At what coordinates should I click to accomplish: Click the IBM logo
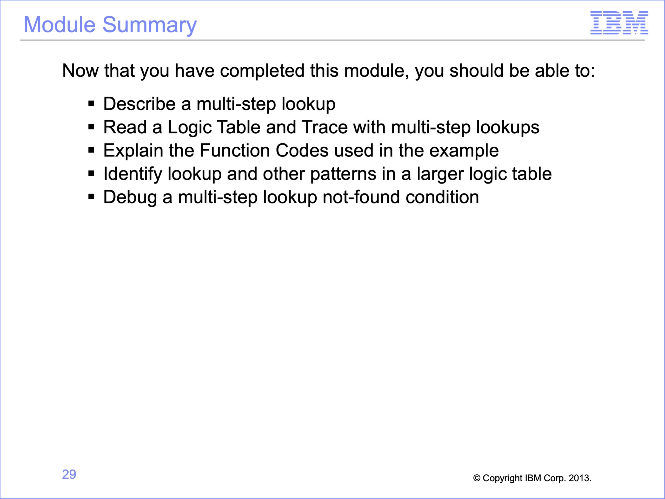(619, 23)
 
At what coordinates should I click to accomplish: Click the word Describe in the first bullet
(139, 104)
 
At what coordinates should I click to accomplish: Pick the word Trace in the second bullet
(324, 127)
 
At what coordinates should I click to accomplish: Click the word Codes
(302, 150)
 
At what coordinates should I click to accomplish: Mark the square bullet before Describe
(91, 104)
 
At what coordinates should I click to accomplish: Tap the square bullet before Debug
(91, 197)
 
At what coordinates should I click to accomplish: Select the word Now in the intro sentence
(80, 71)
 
